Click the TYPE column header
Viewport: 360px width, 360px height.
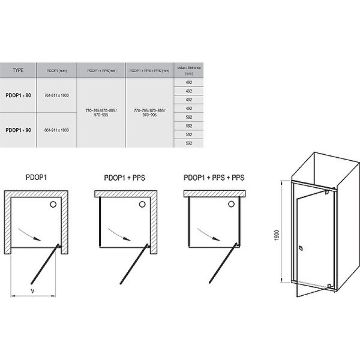tap(19, 70)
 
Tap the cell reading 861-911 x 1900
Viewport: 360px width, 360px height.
tap(58, 130)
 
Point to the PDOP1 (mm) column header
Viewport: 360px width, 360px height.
tap(57, 70)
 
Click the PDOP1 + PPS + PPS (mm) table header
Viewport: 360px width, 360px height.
tap(149, 70)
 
